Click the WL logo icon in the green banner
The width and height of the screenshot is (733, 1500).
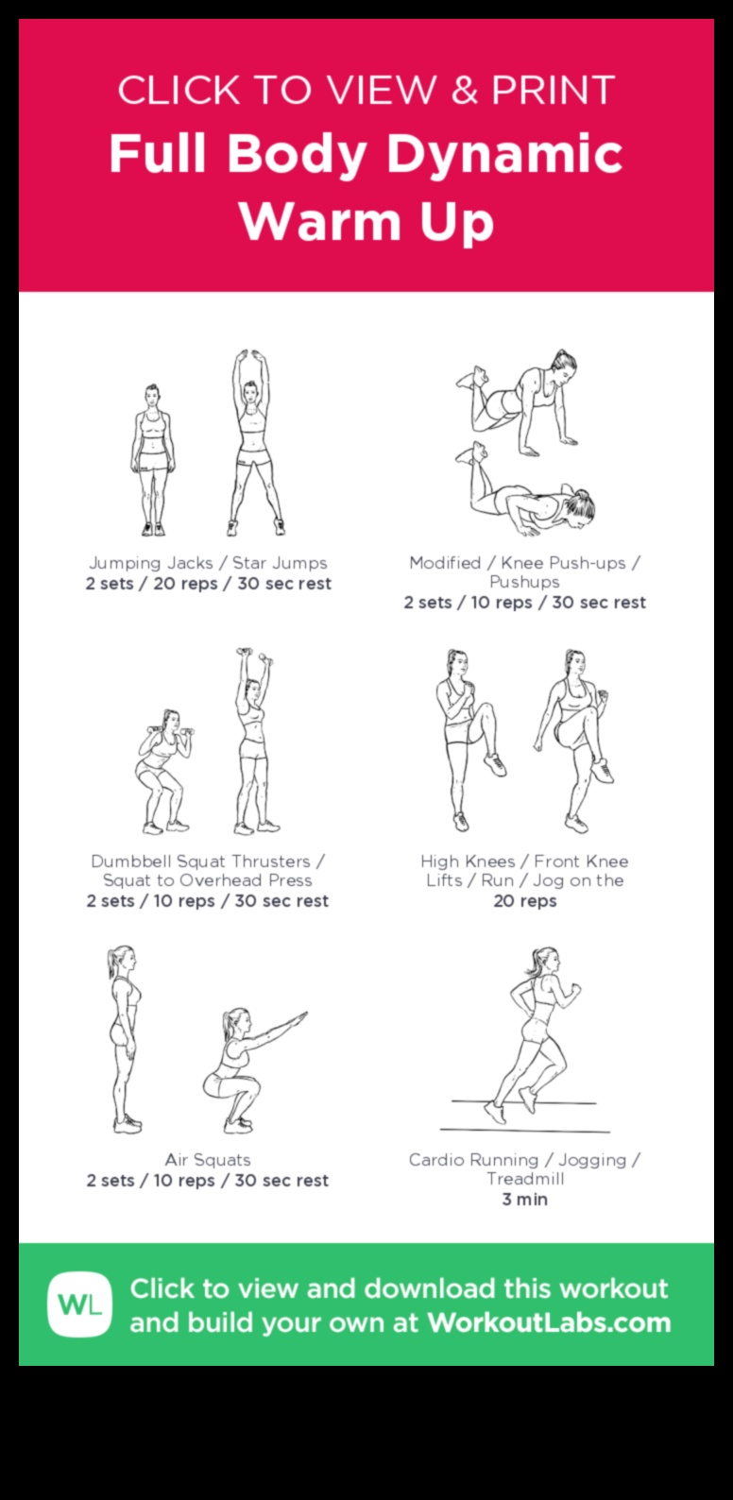[80, 1304]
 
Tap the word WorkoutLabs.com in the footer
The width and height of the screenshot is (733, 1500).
[549, 1322]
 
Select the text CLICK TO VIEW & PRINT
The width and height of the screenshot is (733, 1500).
[366, 91]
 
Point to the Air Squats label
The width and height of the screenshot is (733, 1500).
[208, 1160]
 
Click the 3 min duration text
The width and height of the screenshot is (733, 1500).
[524, 1200]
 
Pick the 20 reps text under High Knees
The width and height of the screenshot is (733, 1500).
[524, 901]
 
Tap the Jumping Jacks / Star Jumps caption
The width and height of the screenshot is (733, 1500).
[208, 563]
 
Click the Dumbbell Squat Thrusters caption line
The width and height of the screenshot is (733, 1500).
[208, 861]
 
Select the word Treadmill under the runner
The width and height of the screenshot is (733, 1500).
[525, 1179]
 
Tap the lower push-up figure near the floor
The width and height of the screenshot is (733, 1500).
[529, 497]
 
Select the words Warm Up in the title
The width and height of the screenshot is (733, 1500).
[366, 221]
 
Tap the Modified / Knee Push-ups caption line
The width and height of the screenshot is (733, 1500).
[524, 563]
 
